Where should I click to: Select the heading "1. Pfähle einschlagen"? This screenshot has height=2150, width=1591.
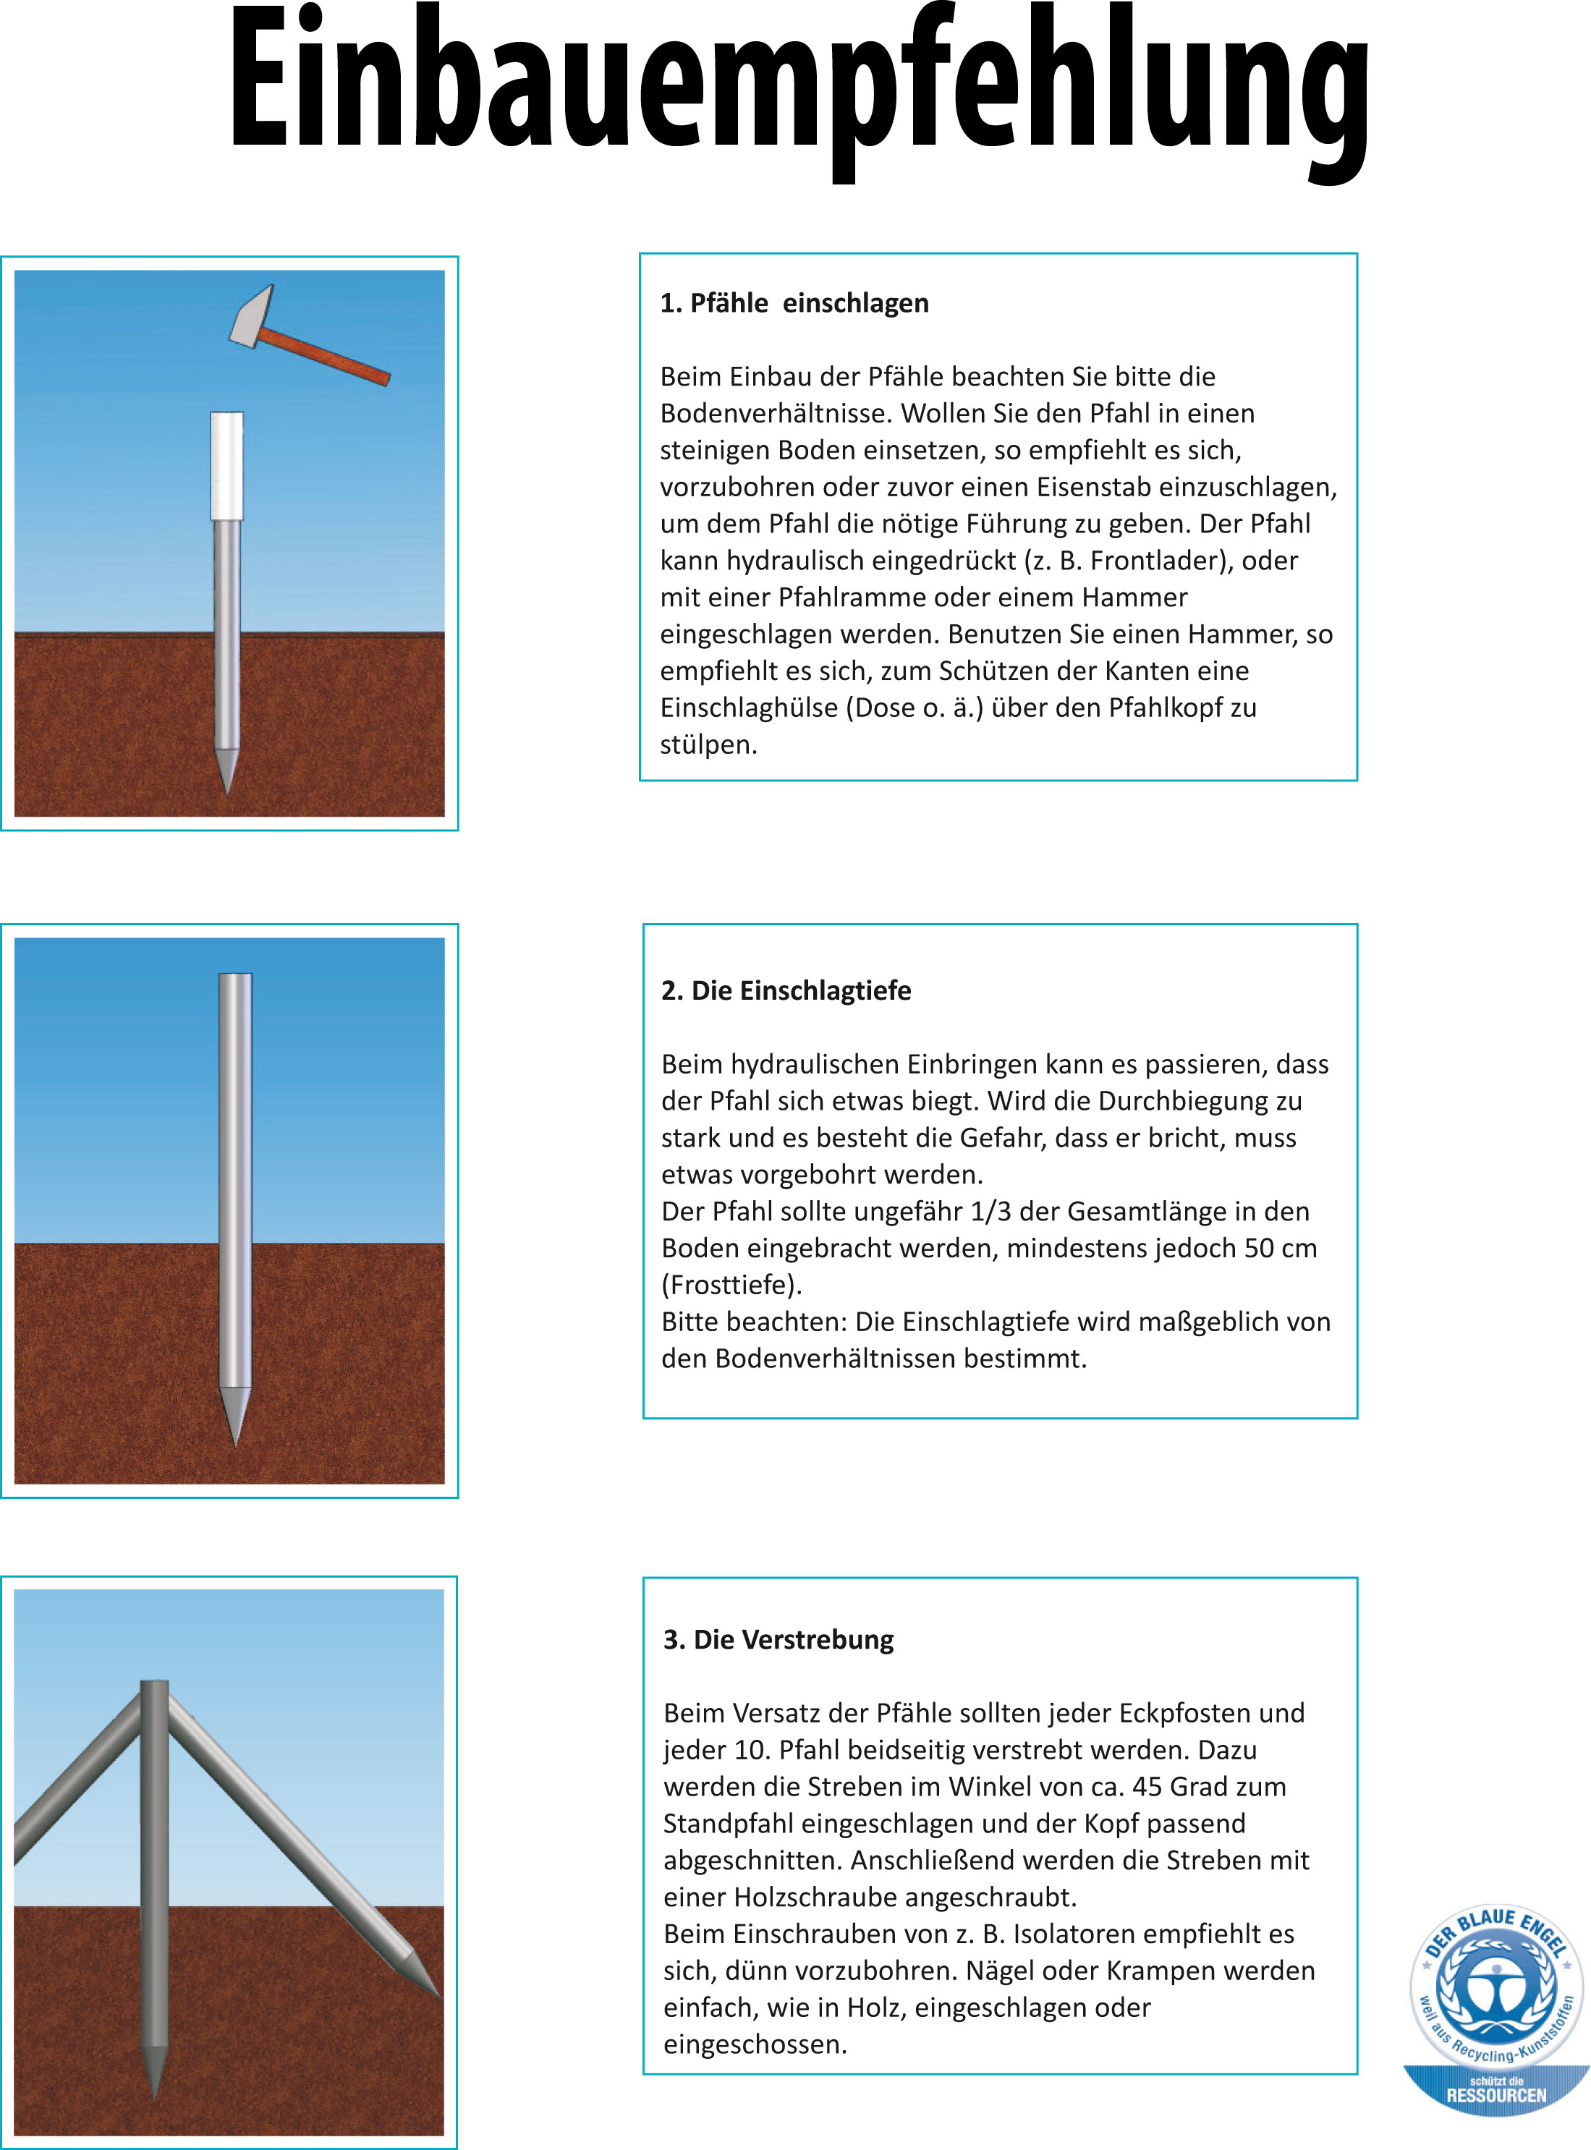794,303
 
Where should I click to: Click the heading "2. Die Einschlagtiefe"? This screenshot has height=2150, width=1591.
786,991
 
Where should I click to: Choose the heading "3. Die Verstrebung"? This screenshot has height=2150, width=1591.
778,1640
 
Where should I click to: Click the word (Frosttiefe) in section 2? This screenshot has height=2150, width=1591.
732,1286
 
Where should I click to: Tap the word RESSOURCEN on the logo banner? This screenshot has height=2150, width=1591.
1495,2096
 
